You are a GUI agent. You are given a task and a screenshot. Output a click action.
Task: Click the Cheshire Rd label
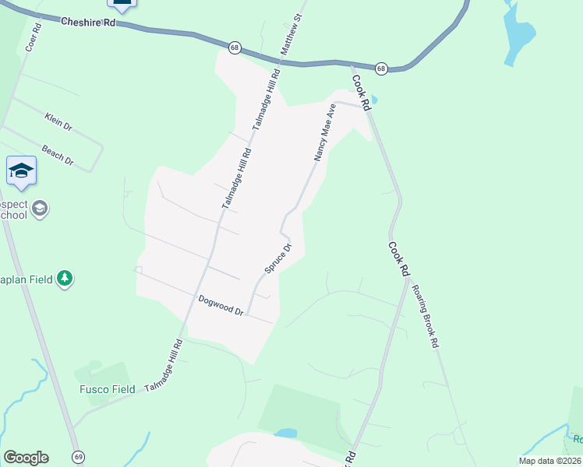88,23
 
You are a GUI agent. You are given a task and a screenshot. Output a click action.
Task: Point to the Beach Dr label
58,156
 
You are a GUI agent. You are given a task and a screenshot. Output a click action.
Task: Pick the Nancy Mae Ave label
325,134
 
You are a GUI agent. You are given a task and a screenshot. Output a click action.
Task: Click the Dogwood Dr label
221,304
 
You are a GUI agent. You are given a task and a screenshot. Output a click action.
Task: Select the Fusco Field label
107,389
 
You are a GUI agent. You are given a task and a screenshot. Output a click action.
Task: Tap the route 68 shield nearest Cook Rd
381,69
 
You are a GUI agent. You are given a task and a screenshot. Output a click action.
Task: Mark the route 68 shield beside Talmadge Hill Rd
235,48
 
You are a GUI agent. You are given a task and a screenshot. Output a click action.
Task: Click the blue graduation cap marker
21,170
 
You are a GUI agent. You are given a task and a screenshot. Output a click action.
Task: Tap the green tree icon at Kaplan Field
66,279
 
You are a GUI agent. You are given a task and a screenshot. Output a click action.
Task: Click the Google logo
26,458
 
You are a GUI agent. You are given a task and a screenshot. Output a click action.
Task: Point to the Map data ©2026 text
549,461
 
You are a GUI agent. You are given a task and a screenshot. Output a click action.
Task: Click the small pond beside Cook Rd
374,100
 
